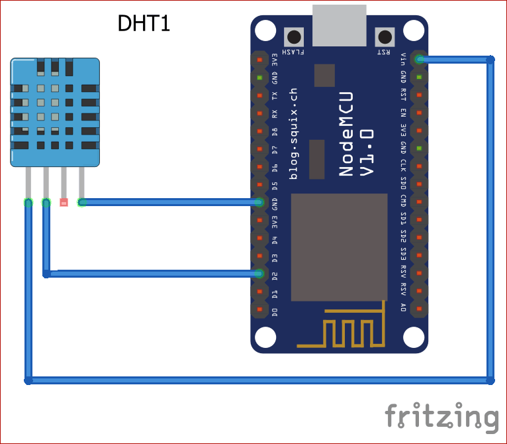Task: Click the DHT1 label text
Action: coord(144,23)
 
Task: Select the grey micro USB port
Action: coord(339,24)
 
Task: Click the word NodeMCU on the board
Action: coord(346,134)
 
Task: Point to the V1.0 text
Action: coord(367,153)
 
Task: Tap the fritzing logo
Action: coord(441,417)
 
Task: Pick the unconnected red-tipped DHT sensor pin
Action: coord(64,203)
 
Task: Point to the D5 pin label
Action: coord(275,185)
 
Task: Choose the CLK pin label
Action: coord(404,164)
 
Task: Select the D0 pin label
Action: coord(275,311)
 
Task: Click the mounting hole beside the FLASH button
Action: coord(265,30)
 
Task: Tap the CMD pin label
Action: coord(404,199)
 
